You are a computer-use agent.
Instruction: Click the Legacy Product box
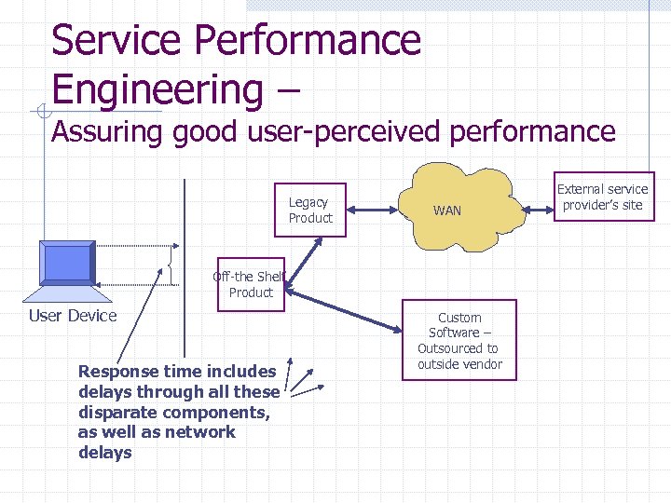(x=309, y=211)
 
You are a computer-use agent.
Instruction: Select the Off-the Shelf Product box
(x=251, y=284)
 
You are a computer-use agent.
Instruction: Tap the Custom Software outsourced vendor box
(x=459, y=340)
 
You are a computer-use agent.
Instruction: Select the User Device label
(x=73, y=316)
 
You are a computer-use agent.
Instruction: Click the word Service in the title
(x=110, y=41)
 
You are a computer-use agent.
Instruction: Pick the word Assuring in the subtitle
(x=107, y=132)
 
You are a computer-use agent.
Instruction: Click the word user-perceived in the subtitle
(x=349, y=132)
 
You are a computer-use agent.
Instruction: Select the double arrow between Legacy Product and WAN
(x=371, y=210)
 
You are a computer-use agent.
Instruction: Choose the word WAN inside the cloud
(x=446, y=211)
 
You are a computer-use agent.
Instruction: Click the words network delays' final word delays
(x=105, y=453)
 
